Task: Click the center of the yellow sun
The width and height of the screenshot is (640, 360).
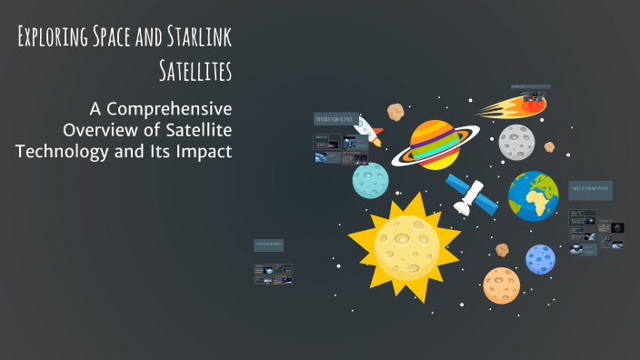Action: click(x=405, y=240)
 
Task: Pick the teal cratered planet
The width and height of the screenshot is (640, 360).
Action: click(x=371, y=179)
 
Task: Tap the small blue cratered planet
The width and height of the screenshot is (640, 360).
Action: click(x=540, y=259)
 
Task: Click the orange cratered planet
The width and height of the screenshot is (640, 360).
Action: click(x=500, y=284)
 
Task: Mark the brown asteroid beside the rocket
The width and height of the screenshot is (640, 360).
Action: click(x=395, y=111)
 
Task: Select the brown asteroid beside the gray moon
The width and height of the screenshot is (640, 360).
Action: click(x=549, y=146)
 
